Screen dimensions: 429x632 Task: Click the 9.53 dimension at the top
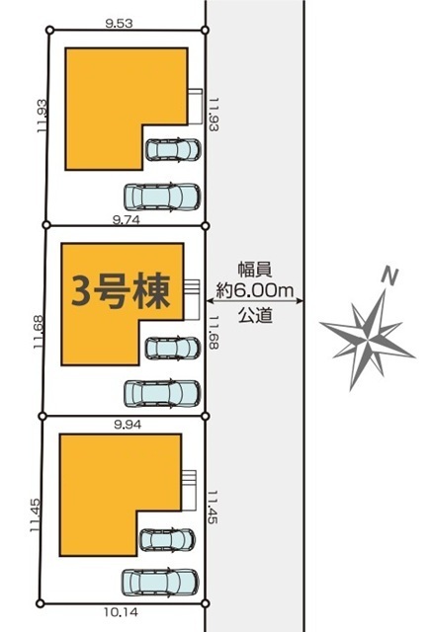[119, 24]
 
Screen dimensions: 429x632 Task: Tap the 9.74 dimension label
[127, 219]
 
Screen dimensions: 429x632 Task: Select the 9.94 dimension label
[128, 425]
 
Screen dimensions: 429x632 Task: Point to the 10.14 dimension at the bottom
[121, 612]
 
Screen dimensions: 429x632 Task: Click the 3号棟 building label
[121, 290]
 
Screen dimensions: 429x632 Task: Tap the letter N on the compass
[389, 276]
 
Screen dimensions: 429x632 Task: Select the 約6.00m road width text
[255, 290]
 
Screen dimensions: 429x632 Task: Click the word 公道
[255, 315]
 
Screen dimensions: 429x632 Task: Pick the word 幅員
[255, 270]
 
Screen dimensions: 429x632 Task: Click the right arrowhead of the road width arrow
[300, 300]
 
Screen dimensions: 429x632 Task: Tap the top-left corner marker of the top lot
[49, 30]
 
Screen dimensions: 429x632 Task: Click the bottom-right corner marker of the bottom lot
[205, 603]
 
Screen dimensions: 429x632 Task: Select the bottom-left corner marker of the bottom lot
[40, 603]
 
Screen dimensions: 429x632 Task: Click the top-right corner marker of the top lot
[205, 30]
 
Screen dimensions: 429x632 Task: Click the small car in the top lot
[173, 149]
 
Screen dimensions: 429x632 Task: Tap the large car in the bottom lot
[160, 583]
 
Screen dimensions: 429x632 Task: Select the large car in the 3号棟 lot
[162, 393]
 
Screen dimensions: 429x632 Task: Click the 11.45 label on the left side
[36, 515]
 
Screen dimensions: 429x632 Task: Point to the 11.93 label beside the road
[214, 115]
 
